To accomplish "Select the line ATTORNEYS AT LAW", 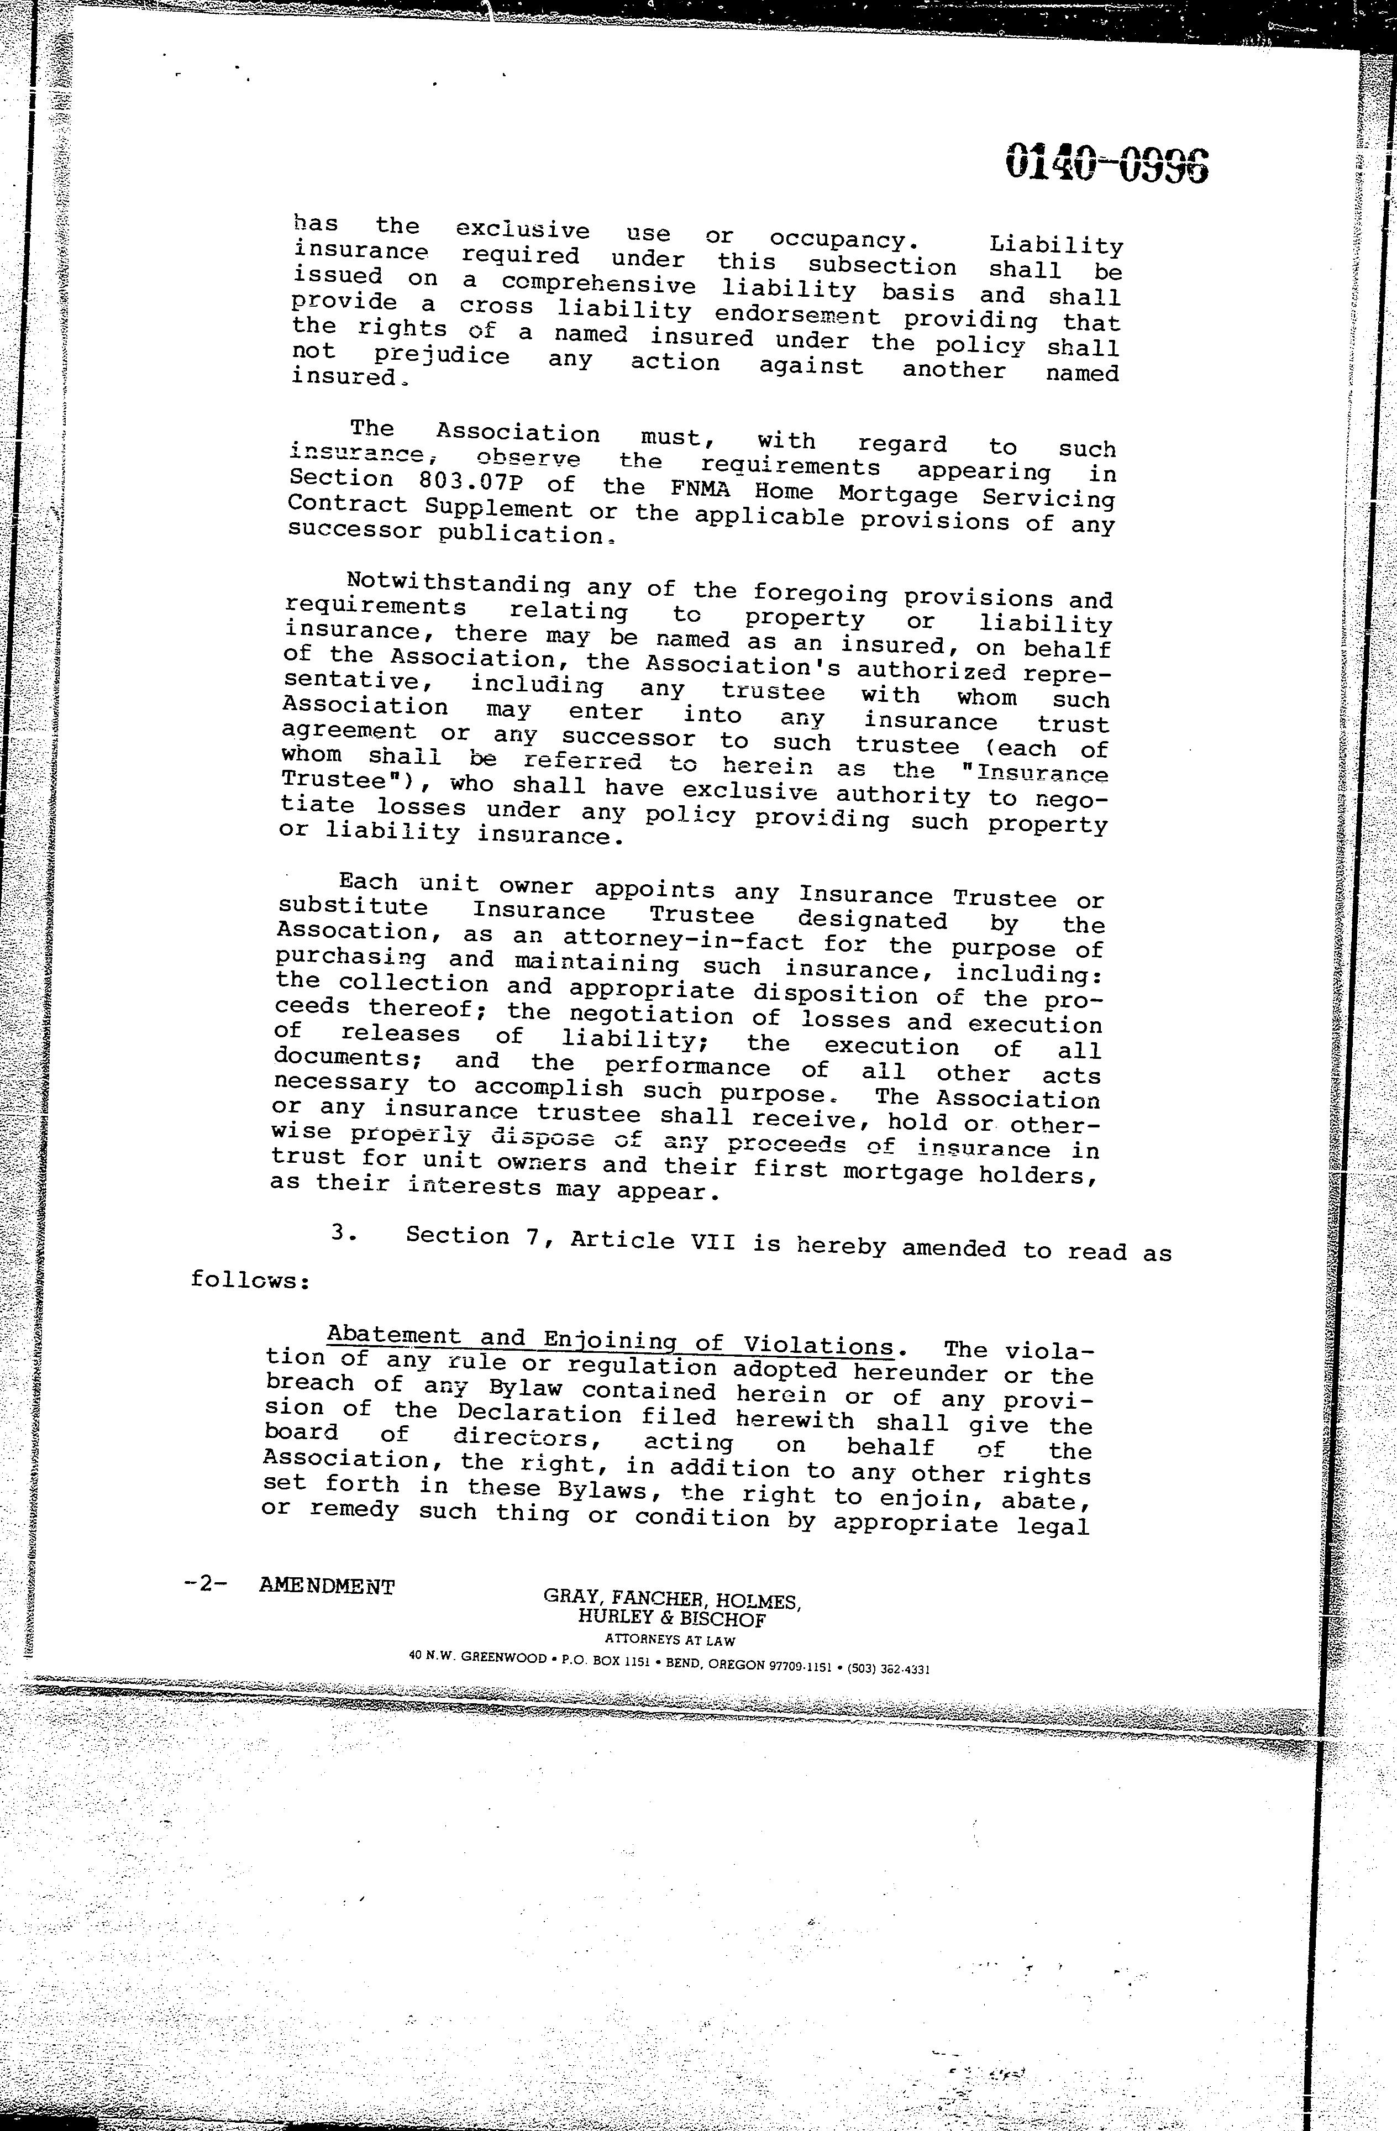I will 670,1640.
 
